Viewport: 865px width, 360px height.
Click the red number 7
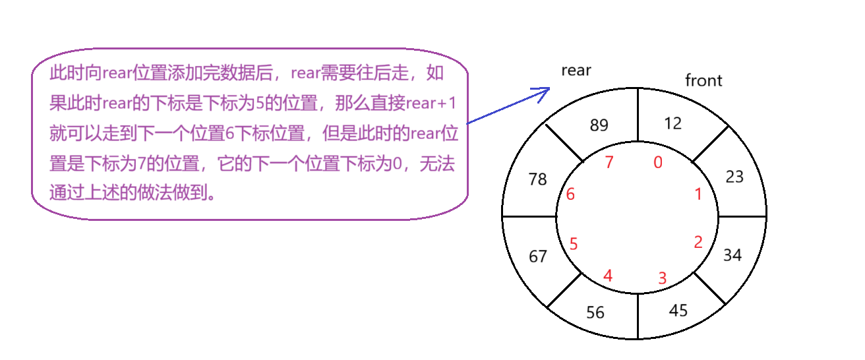click(x=609, y=162)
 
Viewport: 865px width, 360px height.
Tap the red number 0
click(x=657, y=163)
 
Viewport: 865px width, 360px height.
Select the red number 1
click(x=698, y=195)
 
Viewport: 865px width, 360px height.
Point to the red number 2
click(x=698, y=242)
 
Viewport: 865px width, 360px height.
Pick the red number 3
click(x=663, y=278)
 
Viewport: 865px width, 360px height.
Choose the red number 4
click(x=608, y=276)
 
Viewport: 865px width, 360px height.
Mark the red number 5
click(x=573, y=244)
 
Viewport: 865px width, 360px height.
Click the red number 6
click(x=570, y=195)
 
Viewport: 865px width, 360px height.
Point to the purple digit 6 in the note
click(x=229, y=134)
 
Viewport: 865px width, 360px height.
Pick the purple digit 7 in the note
click(x=140, y=164)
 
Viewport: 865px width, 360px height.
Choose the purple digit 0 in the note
click(x=396, y=164)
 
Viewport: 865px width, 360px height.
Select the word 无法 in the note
click(x=438, y=164)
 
